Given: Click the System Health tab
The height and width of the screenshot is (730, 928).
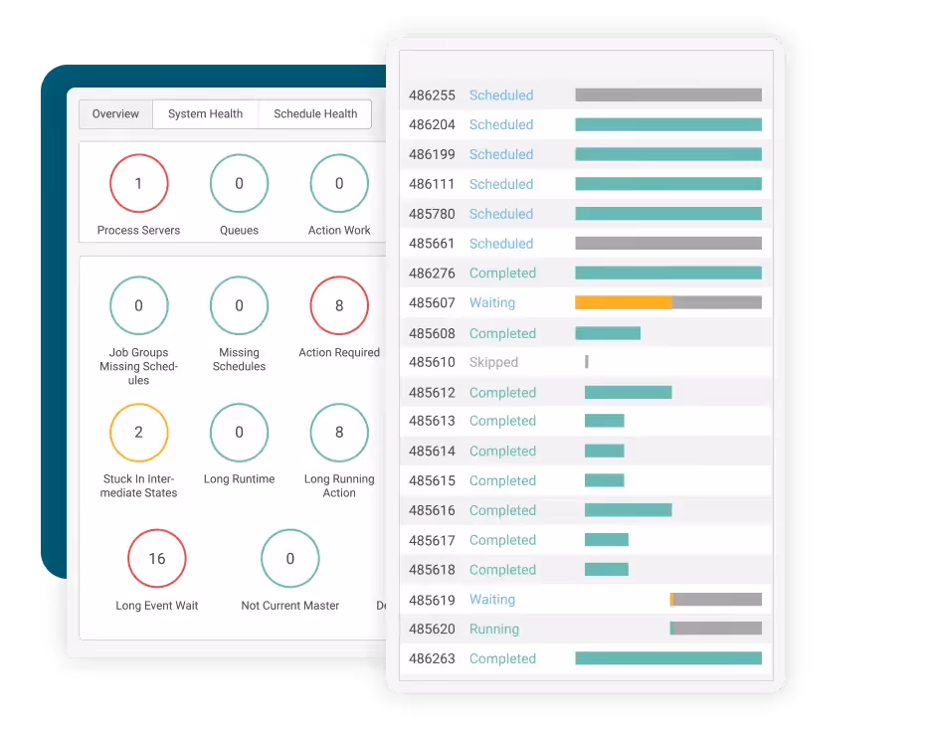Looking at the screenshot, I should (x=205, y=114).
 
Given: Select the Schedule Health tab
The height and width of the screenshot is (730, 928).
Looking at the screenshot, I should (x=315, y=114).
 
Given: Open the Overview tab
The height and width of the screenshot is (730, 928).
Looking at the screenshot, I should (x=115, y=114).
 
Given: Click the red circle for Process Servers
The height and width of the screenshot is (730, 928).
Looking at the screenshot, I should (x=138, y=183).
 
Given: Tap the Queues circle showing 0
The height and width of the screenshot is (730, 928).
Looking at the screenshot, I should (x=239, y=183).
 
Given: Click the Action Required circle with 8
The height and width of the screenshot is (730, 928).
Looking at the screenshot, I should (x=339, y=305).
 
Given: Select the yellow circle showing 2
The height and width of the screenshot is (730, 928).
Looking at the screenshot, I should (x=138, y=432).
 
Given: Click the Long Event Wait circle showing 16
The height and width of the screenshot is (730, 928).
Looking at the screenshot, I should (x=157, y=558).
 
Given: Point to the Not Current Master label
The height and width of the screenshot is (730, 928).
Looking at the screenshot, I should (x=289, y=606).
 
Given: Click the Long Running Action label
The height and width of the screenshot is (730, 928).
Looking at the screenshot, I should (x=339, y=485).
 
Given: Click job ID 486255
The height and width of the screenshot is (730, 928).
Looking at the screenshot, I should (x=432, y=95).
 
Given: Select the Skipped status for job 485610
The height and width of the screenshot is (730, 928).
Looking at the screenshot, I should (x=493, y=363).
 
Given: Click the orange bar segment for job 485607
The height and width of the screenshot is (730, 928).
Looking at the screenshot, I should (x=623, y=302).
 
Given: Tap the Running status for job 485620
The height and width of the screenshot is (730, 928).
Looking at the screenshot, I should (x=494, y=630).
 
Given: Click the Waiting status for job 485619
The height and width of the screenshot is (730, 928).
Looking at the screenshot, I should (x=492, y=600).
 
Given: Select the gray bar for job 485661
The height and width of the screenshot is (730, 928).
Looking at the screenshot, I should (x=668, y=244).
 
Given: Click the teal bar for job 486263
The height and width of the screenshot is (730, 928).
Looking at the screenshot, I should (x=668, y=658).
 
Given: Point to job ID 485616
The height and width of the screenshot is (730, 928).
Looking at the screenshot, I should (x=432, y=510).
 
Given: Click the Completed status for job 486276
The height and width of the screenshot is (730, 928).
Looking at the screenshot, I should (x=502, y=274).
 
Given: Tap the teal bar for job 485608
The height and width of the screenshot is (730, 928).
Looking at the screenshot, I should (x=608, y=333).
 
